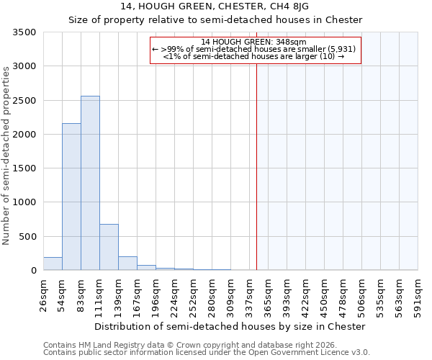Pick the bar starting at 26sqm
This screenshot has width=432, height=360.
pyautogui.click(x=53, y=264)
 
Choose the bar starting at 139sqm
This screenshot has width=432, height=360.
pyautogui.click(x=127, y=264)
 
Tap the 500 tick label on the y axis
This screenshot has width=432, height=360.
pyautogui.click(x=30, y=236)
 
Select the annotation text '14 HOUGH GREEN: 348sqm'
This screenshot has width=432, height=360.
pyautogui.click(x=253, y=42)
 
